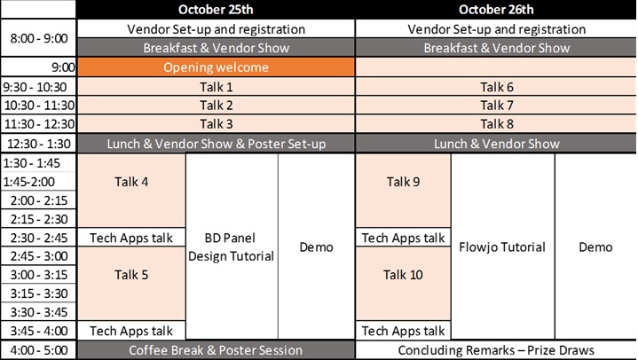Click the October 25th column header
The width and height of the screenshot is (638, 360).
(216, 10)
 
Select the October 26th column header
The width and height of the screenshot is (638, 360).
(496, 10)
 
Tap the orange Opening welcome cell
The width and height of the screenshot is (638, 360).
(216, 67)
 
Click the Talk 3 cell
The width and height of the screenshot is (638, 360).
(216, 123)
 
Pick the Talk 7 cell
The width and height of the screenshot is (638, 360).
(496, 106)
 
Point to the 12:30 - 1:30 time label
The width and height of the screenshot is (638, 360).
(38, 144)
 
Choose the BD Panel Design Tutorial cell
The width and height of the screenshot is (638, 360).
(232, 247)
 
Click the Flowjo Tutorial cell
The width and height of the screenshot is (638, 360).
(502, 247)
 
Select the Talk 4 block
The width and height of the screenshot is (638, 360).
(131, 191)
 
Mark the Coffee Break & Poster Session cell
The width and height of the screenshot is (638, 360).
(216, 350)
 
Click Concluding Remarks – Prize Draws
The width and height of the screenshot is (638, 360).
(496, 350)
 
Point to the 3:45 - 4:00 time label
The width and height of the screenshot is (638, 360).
(38, 331)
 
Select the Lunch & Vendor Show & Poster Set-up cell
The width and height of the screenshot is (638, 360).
(216, 144)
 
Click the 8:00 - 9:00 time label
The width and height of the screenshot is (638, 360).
(38, 38)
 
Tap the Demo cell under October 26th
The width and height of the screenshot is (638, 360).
(595, 247)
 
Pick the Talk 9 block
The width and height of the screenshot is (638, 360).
(403, 191)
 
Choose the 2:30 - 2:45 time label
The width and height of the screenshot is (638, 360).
(38, 238)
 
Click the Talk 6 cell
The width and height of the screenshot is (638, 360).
(496, 87)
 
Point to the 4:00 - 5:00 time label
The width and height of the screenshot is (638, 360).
(38, 350)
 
